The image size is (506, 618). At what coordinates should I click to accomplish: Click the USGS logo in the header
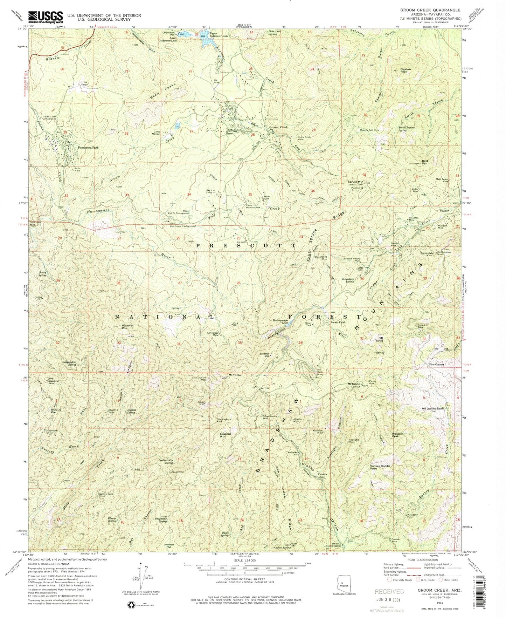pos(46,16)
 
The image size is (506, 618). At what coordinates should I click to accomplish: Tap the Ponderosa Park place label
pos(88,148)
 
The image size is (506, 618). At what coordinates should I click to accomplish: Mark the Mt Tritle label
pos(235,375)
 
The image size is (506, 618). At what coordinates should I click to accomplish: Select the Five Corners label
pos(437,365)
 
